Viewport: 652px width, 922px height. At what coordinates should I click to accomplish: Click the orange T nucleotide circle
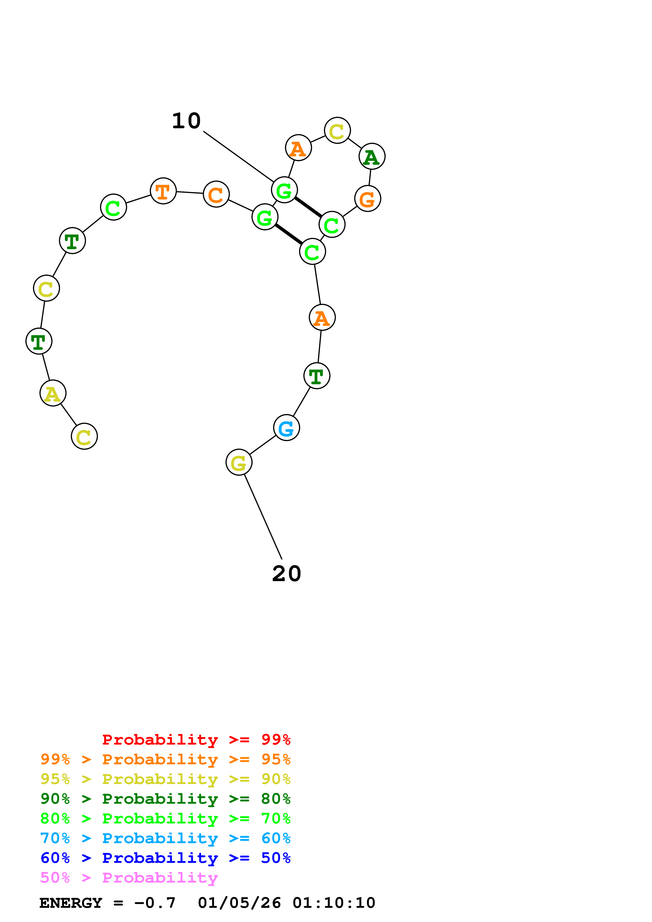point(163,191)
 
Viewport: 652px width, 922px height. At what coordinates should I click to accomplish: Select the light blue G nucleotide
point(286,428)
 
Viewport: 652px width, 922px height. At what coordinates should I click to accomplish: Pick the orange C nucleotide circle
point(216,194)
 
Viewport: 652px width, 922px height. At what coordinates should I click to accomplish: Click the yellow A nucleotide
point(53,393)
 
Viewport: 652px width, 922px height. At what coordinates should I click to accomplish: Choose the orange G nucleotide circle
point(368,198)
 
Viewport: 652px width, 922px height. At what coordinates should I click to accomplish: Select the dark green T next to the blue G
point(317,376)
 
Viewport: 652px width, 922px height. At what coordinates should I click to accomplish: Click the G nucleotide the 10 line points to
point(284,190)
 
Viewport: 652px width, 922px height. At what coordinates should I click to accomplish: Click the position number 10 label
point(186,121)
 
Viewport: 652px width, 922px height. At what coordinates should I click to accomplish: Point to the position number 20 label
point(286,574)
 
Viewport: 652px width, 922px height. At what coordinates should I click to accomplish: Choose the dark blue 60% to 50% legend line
point(165,858)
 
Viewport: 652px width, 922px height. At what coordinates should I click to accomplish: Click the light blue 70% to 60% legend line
point(165,838)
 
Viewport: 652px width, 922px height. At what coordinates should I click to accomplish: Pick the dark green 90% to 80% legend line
point(165,799)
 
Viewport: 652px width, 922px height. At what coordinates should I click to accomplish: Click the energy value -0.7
point(155,903)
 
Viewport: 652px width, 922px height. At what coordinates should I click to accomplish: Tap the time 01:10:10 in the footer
point(333,903)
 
